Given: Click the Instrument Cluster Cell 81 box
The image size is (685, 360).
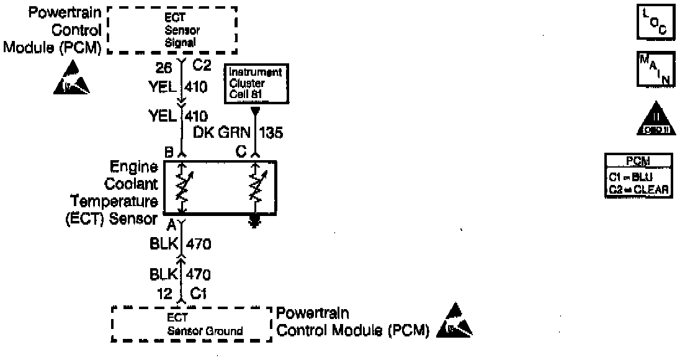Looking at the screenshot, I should tap(255, 84).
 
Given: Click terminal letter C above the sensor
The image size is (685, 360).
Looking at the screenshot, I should tap(241, 150).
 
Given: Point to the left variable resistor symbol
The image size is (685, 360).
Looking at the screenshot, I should tap(182, 186).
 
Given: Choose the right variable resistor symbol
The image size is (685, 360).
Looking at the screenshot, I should tap(254, 186).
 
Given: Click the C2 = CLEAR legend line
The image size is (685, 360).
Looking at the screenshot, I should tap(638, 191).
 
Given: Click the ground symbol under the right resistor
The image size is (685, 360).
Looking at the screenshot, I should tap(254, 222).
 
